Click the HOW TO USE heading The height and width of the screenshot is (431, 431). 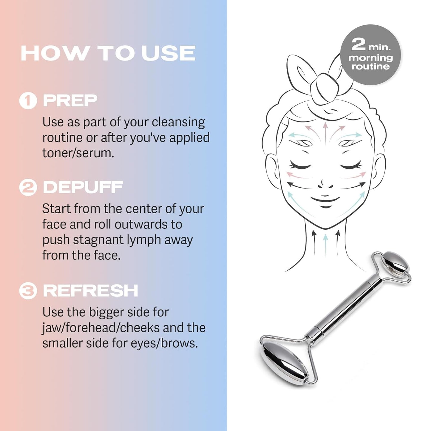[108, 53]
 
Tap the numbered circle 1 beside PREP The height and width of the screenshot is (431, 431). [28, 101]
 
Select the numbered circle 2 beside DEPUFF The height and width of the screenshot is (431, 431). [28, 187]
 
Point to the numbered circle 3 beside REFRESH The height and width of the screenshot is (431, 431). [28, 291]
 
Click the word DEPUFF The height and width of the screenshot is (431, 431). [83, 187]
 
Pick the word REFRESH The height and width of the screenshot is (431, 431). [90, 291]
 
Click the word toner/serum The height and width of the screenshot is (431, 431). [78, 153]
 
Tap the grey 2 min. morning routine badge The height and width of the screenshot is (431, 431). [370, 55]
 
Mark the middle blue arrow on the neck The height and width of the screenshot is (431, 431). [326, 243]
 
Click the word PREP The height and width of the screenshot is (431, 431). [70, 101]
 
